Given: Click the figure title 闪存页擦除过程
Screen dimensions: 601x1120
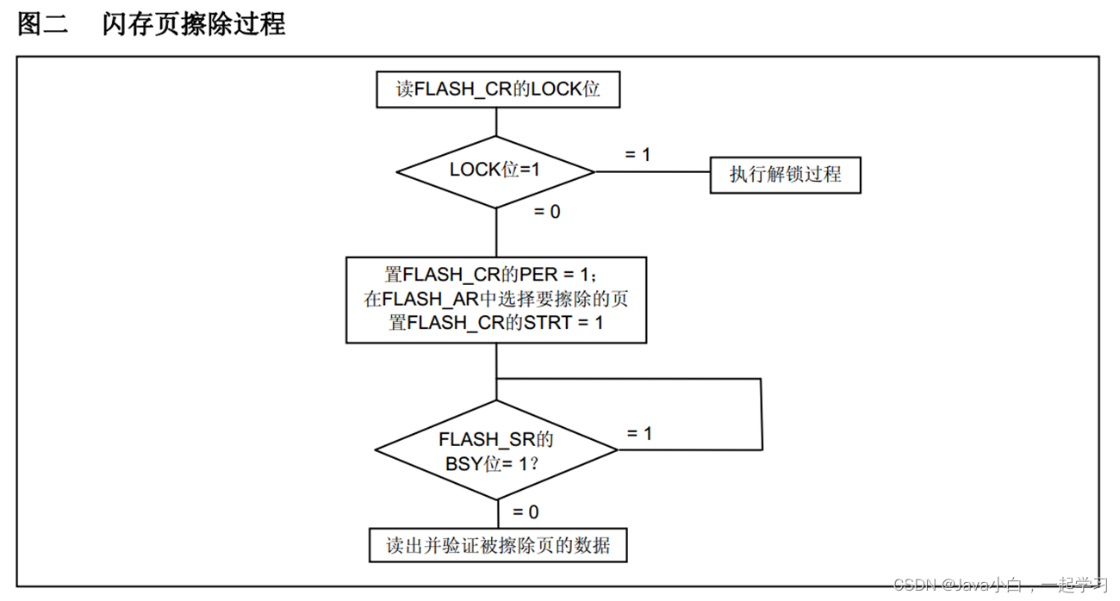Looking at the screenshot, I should (194, 24).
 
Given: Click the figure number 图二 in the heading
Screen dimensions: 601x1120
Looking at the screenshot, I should (42, 24).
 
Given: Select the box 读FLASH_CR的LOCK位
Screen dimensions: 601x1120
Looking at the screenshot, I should (498, 90).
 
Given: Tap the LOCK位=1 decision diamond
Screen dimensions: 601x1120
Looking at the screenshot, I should (495, 170).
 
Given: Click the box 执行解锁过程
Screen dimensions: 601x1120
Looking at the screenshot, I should (785, 175).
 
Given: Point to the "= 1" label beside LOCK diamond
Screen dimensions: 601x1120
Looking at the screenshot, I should (637, 155).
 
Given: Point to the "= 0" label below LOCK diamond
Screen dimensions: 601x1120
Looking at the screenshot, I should (546, 211).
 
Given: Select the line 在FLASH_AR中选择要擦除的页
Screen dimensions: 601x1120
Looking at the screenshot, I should (496, 300).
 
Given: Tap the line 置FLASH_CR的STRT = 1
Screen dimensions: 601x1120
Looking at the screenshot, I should (496, 324).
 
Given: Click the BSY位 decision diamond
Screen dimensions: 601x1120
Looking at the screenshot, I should (496, 449).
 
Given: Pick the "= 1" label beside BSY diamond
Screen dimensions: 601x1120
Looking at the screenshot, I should (638, 433).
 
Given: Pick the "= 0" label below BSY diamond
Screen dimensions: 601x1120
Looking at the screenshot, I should (525, 512).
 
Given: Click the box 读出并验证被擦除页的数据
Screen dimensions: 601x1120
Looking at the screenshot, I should (498, 545).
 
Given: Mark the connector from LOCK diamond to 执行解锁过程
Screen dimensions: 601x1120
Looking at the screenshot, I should (651, 171).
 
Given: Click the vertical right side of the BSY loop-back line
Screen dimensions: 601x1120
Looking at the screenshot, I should (762, 413).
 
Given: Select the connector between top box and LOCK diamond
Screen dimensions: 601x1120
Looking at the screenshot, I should (497, 121).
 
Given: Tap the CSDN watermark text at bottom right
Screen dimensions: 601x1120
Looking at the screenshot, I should (999, 586).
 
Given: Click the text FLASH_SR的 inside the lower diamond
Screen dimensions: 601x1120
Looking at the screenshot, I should (495, 439).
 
